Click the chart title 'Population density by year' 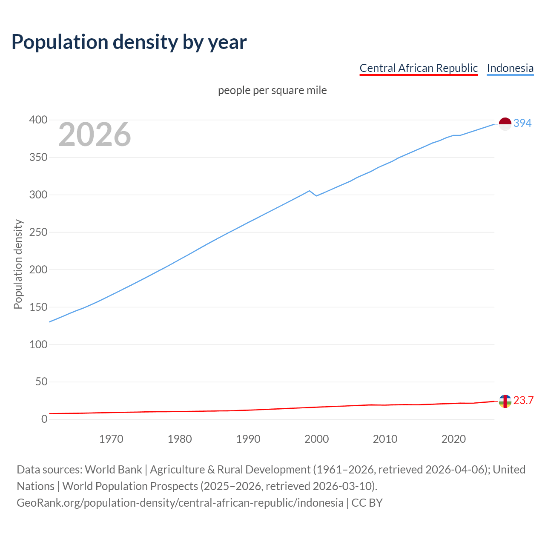(129, 42)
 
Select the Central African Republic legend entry (419, 68)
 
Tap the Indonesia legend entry (510, 68)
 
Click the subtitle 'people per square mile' (272, 91)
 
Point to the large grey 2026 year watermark (95, 135)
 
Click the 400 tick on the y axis (38, 120)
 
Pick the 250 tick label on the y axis (38, 232)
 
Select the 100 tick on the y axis (38, 344)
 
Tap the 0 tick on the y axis (44, 419)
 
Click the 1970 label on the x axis (111, 439)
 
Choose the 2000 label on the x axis (316, 439)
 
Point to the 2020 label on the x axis (453, 439)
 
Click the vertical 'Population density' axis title (18, 264)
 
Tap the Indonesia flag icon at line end (505, 123)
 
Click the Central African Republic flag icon (505, 401)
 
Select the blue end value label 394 (522, 123)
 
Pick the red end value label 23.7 (523, 401)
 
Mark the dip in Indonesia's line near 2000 (316, 195)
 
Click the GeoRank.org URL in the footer (180, 503)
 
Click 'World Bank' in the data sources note (113, 470)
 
